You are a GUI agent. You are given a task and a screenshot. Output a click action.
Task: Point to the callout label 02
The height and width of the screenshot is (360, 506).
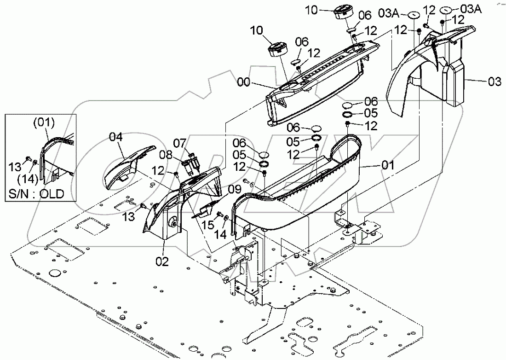point(162,262)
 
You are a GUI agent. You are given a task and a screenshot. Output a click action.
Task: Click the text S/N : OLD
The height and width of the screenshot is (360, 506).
point(35,193)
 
